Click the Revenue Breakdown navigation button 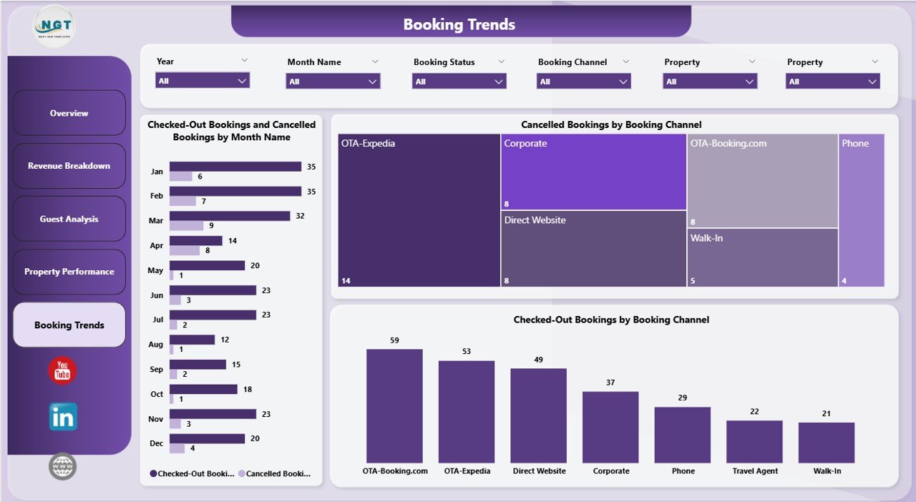(x=69, y=166)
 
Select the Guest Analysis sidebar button (x=69, y=219)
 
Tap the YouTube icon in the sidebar (x=62, y=371)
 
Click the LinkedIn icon (x=63, y=417)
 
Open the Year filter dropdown (x=203, y=81)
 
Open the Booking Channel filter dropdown (x=583, y=82)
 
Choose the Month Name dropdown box (x=333, y=82)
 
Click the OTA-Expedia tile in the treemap (x=419, y=210)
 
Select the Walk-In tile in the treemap (x=762, y=257)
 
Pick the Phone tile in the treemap (x=861, y=210)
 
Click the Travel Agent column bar (x=754, y=441)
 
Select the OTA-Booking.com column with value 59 (x=394, y=405)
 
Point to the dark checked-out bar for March (x=229, y=216)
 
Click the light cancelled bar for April (x=185, y=251)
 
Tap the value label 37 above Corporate (x=610, y=383)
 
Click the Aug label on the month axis (x=156, y=345)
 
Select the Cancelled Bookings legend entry (x=275, y=473)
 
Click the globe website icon (x=63, y=467)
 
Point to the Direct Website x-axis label (x=538, y=471)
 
